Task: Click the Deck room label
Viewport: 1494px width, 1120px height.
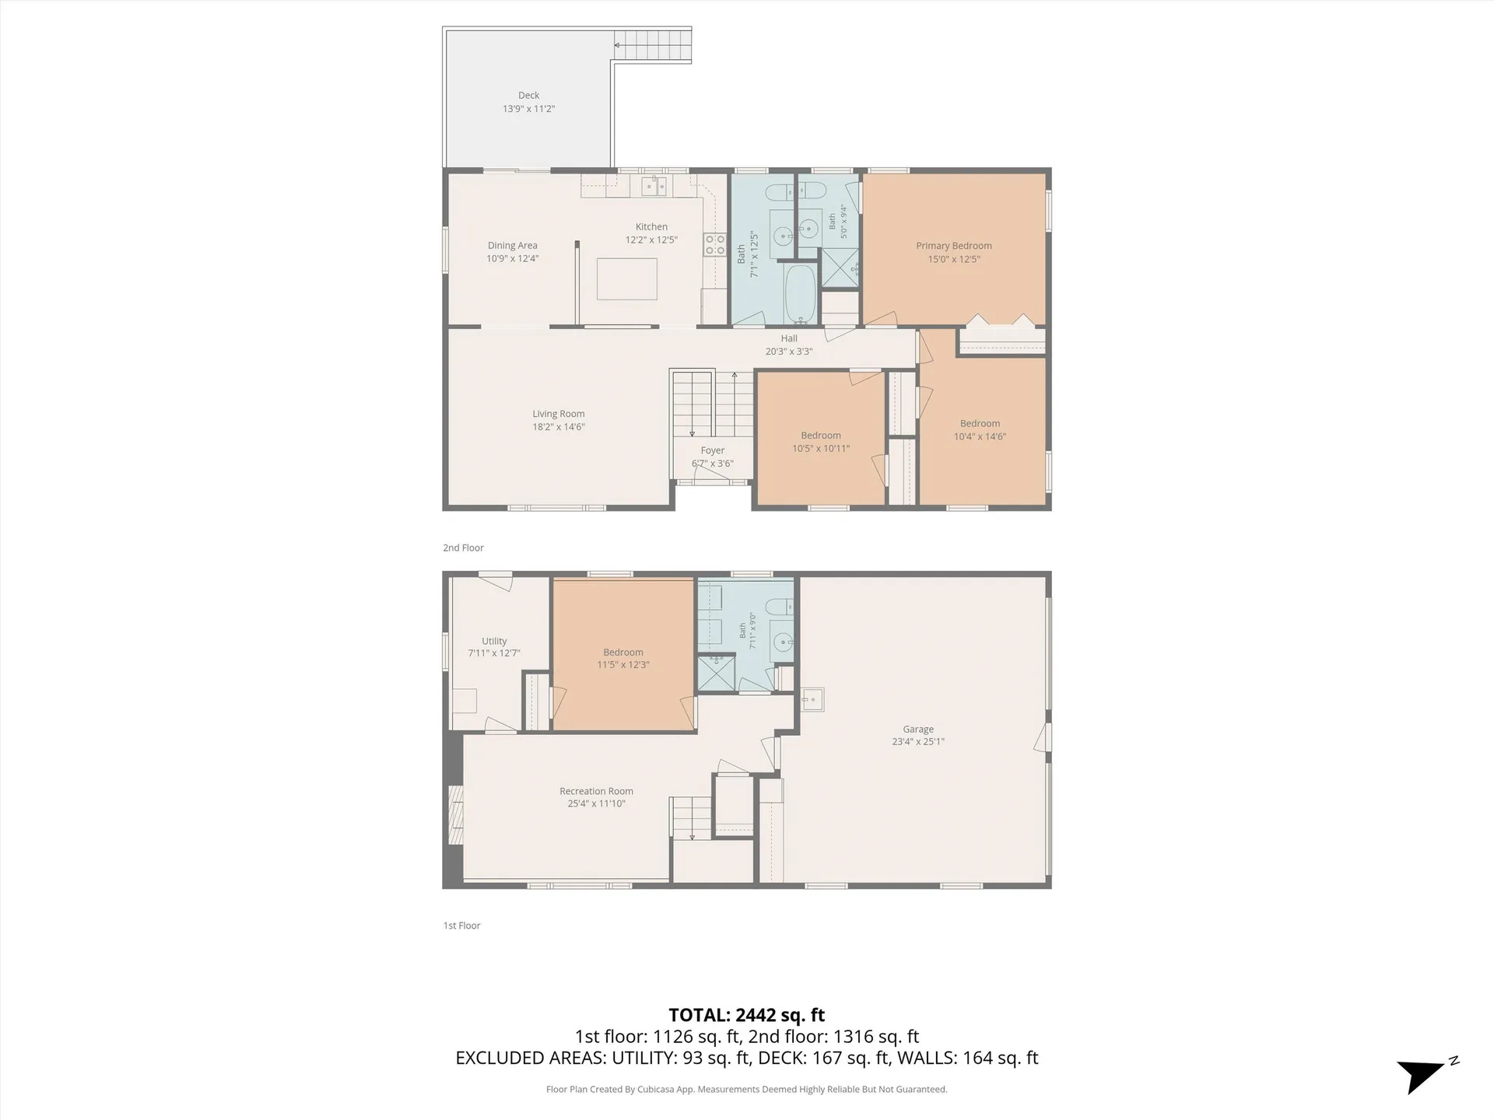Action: pos(528,96)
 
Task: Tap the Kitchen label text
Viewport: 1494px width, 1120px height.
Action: pos(651,227)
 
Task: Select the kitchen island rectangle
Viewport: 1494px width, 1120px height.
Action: pos(627,278)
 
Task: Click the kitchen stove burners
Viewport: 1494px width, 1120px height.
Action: pos(714,245)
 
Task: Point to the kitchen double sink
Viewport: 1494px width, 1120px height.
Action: pos(654,186)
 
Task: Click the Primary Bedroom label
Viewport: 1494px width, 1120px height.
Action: pos(954,246)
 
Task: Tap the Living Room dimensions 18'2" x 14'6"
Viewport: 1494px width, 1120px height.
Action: pos(559,427)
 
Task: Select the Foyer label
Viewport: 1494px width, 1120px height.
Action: pos(713,450)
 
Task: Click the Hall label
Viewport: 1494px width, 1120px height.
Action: pos(789,338)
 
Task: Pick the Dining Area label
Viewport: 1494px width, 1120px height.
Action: pos(513,246)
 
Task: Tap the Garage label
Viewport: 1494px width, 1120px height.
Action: pos(918,730)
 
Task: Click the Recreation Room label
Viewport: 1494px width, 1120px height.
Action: pos(597,792)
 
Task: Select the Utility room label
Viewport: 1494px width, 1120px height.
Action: pos(494,642)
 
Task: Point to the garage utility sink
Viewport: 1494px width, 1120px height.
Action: pos(812,699)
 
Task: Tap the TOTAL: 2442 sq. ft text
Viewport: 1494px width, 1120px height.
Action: pos(747,1015)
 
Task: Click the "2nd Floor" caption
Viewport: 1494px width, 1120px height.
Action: pos(463,548)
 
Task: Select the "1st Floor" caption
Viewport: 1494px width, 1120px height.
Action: pos(461,926)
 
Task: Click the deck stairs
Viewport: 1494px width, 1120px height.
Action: pos(653,45)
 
